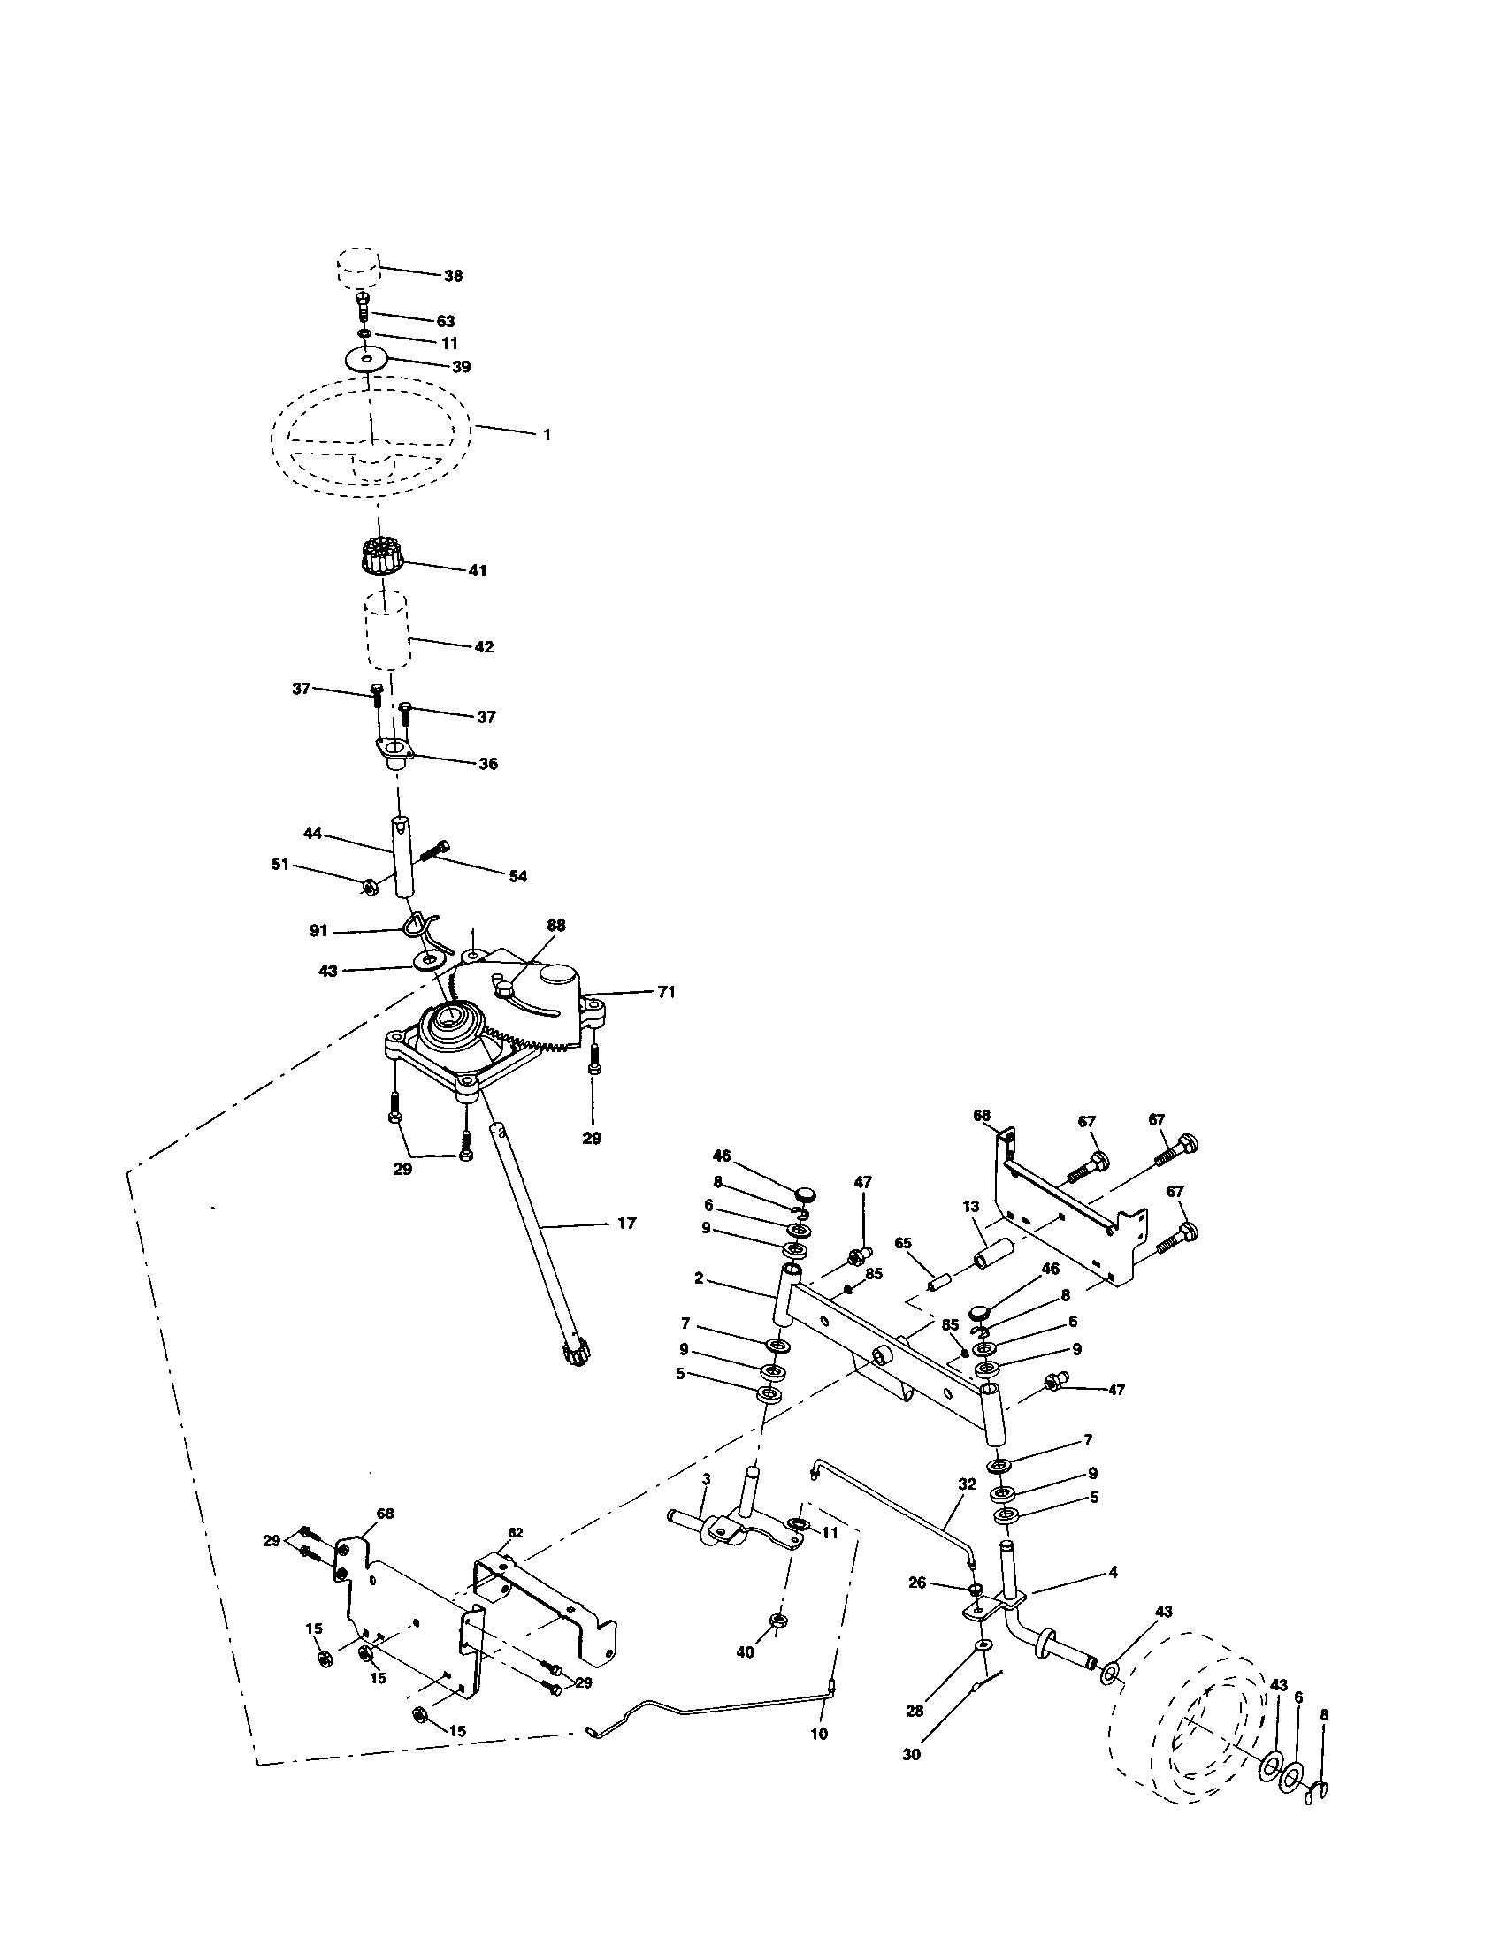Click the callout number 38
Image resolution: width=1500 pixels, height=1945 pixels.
tap(453, 276)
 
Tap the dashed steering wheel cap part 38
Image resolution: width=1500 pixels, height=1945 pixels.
tap(358, 265)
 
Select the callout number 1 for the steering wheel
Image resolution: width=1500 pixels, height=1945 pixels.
tap(546, 436)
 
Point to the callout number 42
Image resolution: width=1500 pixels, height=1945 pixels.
tap(483, 647)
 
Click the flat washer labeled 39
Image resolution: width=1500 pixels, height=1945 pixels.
tap(370, 358)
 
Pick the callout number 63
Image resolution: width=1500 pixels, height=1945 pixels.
tap(445, 322)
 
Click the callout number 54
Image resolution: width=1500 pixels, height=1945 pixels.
tap(517, 876)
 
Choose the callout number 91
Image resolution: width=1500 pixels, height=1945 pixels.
tap(318, 931)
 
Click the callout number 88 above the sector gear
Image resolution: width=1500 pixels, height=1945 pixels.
tap(555, 926)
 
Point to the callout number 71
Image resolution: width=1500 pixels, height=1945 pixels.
tap(666, 991)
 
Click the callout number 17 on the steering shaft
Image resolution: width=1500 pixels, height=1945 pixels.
tap(626, 1224)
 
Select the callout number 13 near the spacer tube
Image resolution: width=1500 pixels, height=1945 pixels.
tap(971, 1207)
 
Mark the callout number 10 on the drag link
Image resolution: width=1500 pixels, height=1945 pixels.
tap(819, 1734)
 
